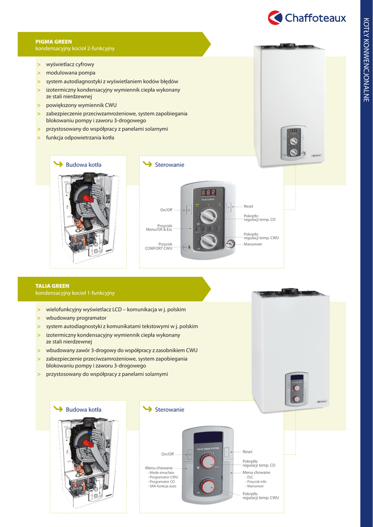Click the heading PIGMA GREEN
tap(54, 41)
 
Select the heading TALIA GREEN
tap(52, 286)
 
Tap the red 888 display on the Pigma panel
tap(208, 192)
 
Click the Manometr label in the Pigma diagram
tap(253, 244)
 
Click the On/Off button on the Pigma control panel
tap(188, 210)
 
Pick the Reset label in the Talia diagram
tap(247, 451)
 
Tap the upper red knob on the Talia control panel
tap(208, 462)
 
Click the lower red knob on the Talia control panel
tap(208, 486)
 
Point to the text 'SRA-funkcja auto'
tap(163, 486)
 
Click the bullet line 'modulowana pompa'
tap(70, 73)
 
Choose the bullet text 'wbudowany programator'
tap(76, 318)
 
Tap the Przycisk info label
tap(256, 481)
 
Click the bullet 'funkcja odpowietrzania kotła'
tap(80, 137)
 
